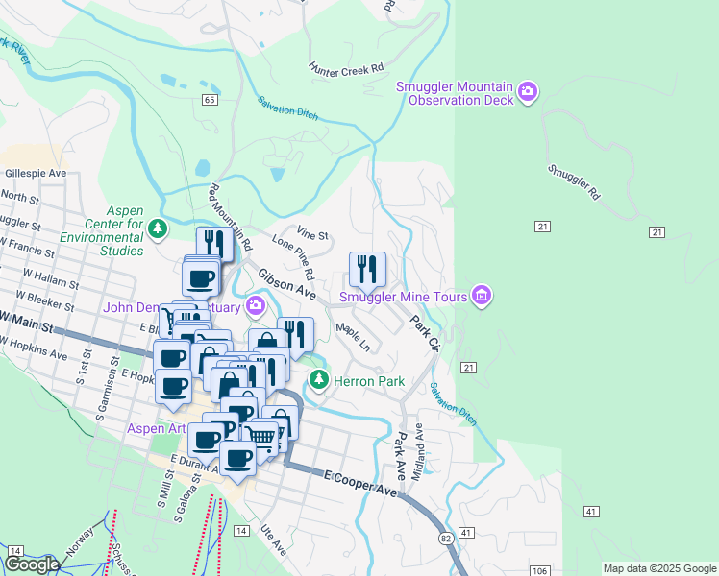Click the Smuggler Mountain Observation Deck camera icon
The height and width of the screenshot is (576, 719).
(x=528, y=92)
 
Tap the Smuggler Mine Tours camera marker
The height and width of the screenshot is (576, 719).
(x=482, y=297)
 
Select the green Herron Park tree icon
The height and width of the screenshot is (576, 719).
(x=319, y=381)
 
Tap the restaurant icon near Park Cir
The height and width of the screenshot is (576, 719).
(x=367, y=269)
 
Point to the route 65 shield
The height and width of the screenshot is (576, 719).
(x=209, y=99)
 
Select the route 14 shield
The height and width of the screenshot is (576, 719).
(x=240, y=530)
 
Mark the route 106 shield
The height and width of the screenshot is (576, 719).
(x=539, y=570)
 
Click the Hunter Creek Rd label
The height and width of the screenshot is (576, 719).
(x=346, y=68)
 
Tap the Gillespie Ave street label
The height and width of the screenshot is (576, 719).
(x=36, y=174)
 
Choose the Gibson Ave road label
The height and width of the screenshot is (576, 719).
(x=286, y=283)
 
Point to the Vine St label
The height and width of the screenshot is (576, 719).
(x=312, y=234)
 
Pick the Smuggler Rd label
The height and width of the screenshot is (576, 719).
(x=573, y=180)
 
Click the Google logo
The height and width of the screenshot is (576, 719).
(x=32, y=564)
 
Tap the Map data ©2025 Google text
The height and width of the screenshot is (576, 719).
(x=658, y=568)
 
